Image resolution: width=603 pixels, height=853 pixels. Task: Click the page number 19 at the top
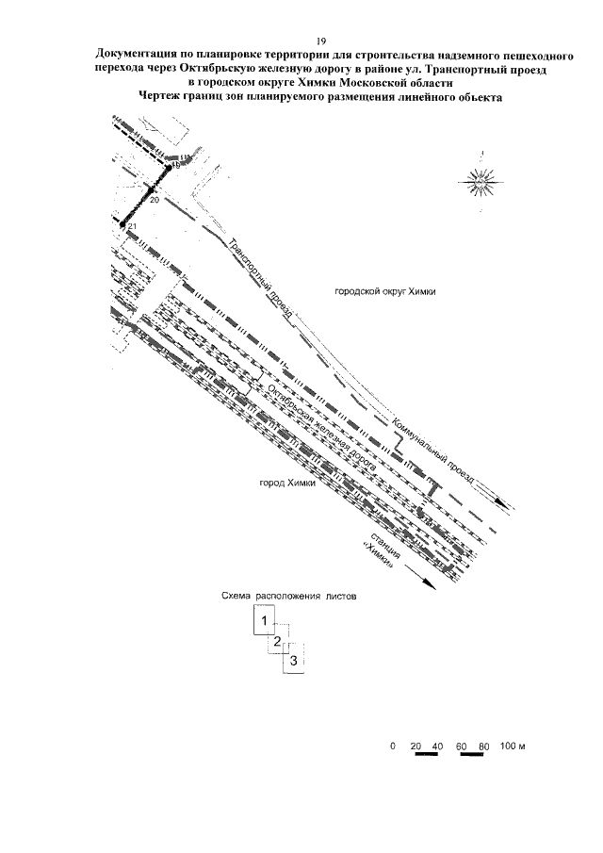coord(321,41)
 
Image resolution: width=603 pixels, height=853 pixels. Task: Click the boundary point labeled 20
coord(151,190)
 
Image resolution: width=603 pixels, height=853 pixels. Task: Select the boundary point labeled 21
coord(123,222)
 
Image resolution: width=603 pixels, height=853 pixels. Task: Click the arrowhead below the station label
coord(428,584)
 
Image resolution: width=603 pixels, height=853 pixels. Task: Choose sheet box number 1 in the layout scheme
coord(266,620)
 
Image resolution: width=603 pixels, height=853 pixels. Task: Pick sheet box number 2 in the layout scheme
coord(277,642)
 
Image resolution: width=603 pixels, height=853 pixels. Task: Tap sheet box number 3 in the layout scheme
coord(294,660)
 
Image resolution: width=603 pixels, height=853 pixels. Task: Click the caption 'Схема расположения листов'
coord(289,596)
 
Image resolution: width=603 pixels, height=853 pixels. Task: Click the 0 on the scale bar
coord(392,746)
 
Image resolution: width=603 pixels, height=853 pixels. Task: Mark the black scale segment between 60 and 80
coord(472,755)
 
